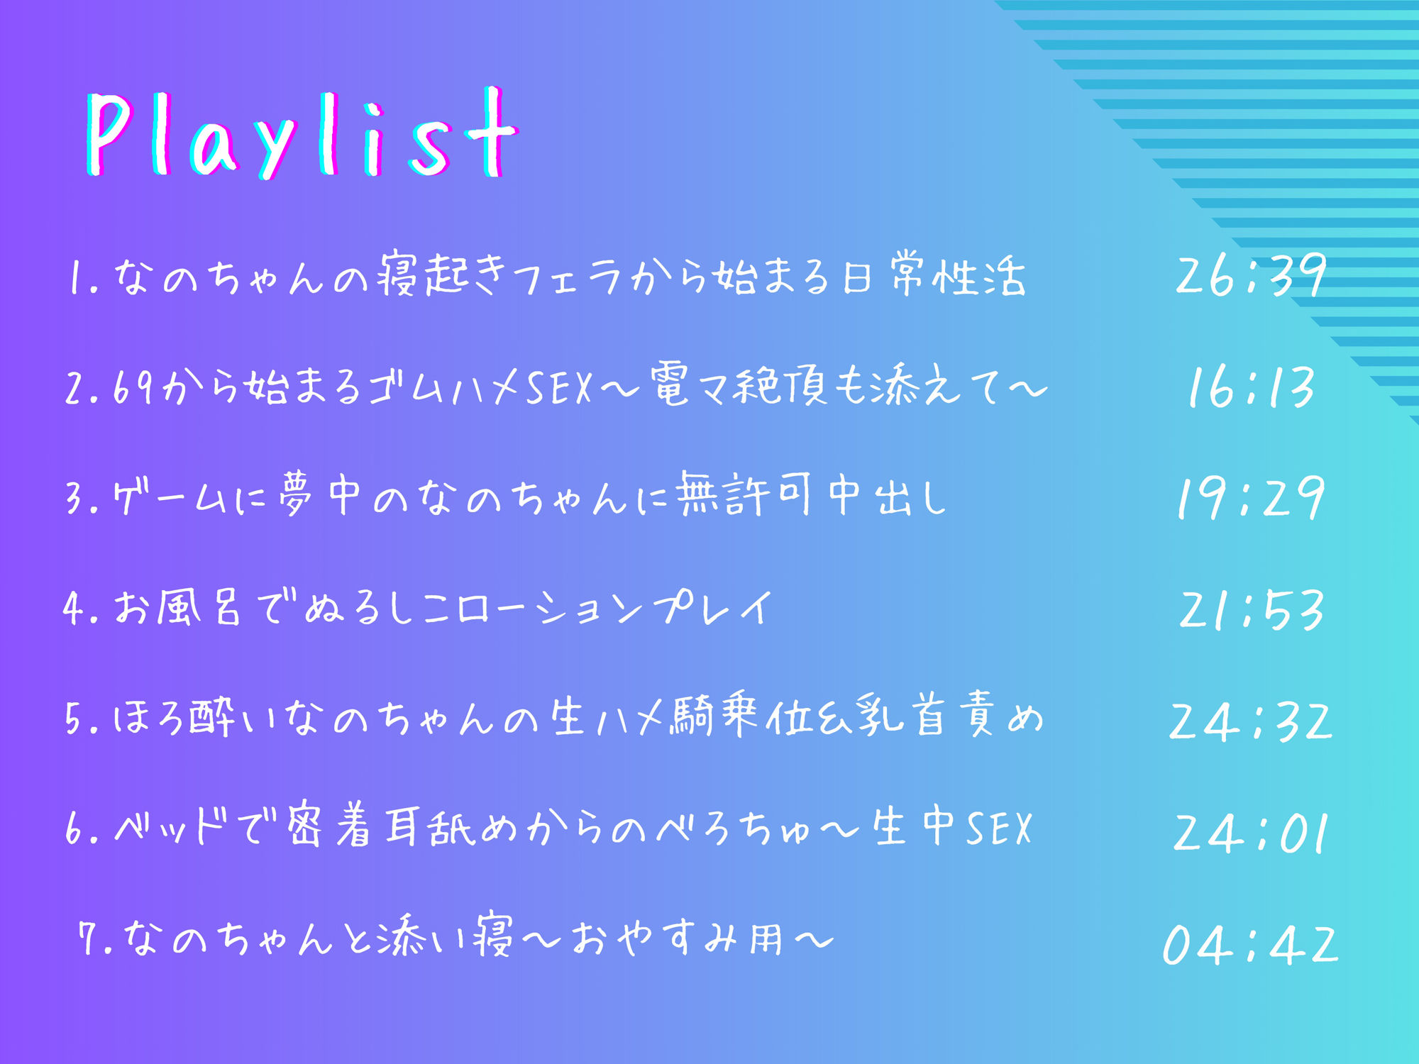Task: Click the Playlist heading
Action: click(302, 135)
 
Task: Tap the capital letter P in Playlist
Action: click(110, 135)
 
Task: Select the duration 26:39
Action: click(1250, 275)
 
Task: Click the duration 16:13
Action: click(1250, 387)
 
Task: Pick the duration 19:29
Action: click(1250, 498)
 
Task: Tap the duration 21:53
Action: click(1250, 610)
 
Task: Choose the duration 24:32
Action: click(1250, 721)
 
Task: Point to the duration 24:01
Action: click(1250, 833)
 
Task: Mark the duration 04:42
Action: click(1250, 945)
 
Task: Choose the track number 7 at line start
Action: click(89, 939)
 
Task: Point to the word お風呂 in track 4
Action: click(177, 609)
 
